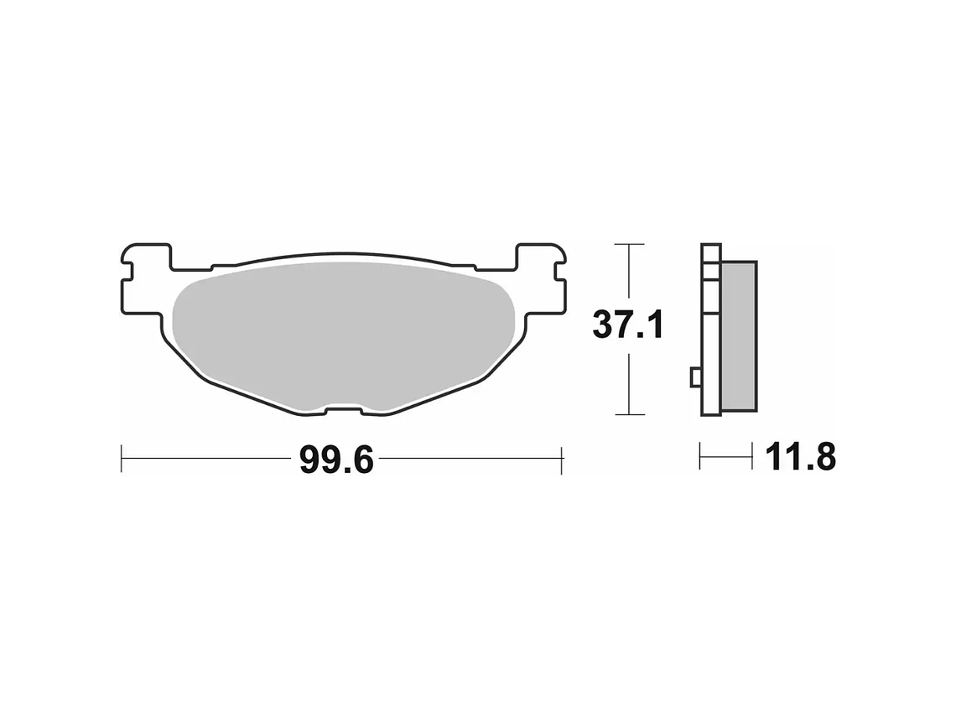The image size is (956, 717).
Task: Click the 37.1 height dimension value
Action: point(628,325)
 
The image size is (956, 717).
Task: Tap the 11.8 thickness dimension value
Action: point(800,457)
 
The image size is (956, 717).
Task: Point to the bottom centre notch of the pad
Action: point(344,410)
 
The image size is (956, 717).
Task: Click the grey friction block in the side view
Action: point(739,336)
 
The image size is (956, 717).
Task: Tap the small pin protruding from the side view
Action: point(696,377)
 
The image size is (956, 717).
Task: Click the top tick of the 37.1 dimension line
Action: point(629,244)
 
